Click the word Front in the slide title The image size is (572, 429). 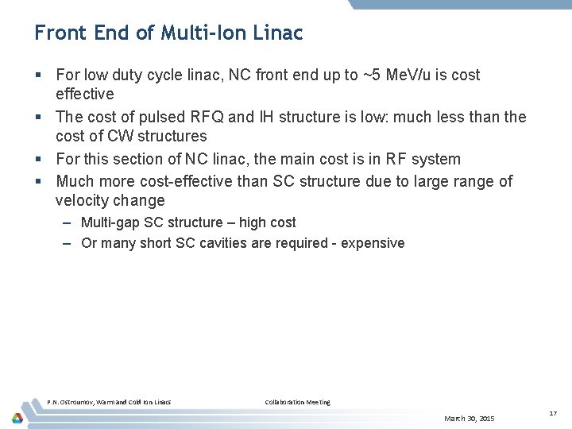[57, 33]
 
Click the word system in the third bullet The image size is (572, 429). [436, 160]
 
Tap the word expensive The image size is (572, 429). [373, 243]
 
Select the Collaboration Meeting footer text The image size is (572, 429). [297, 402]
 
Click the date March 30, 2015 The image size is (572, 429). [469, 418]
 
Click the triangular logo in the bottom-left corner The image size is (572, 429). [17, 417]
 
